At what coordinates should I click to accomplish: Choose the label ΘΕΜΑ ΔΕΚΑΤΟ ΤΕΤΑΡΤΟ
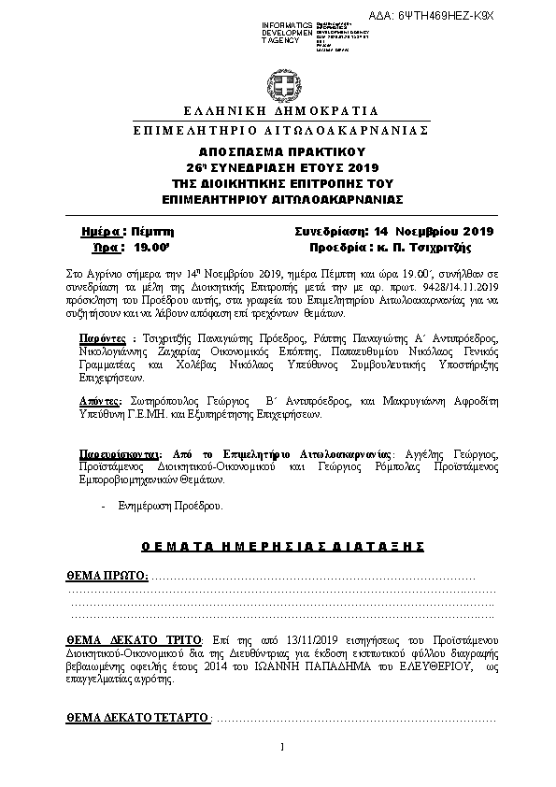pos(137,719)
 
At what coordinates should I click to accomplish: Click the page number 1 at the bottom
pos(281,747)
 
